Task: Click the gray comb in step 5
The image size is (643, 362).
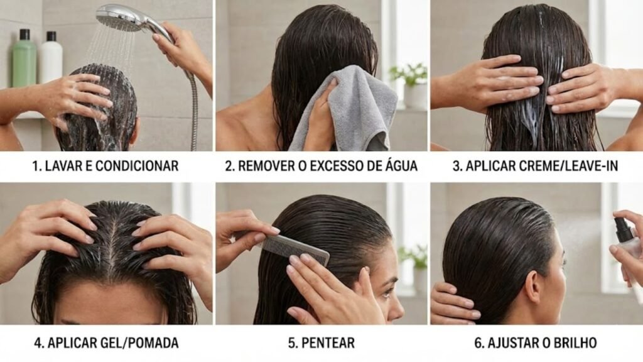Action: (x=295, y=249)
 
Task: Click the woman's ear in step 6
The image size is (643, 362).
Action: (x=533, y=286)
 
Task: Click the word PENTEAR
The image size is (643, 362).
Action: (x=328, y=343)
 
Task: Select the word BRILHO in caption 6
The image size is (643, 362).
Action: (x=572, y=343)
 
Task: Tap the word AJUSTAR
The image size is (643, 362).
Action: (x=509, y=343)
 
